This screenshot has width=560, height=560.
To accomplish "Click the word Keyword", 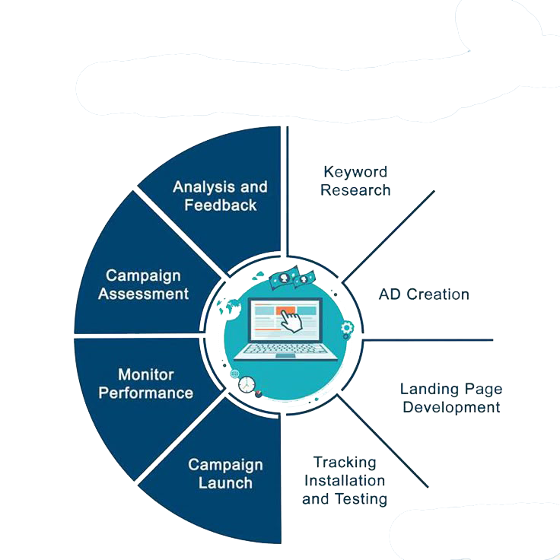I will tap(355, 172).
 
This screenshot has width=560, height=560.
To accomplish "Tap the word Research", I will tap(355, 190).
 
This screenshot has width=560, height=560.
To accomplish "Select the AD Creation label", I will tap(424, 294).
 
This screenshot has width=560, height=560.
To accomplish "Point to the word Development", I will tap(451, 408).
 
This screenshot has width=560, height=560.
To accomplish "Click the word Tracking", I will tap(345, 463).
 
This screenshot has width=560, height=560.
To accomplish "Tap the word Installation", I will tap(345, 481).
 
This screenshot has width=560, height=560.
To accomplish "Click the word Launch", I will tap(225, 483).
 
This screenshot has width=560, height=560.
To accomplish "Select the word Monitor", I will tap(146, 374).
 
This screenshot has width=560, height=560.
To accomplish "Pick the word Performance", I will tap(146, 393).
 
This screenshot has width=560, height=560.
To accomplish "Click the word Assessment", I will tap(143, 294).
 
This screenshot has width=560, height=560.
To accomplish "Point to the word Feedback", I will tap(221, 205).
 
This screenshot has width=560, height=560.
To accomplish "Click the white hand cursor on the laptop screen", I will tap(288, 320).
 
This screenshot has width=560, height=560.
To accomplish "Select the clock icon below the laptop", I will tap(247, 385).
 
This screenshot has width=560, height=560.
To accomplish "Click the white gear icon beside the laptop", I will tap(348, 329).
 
